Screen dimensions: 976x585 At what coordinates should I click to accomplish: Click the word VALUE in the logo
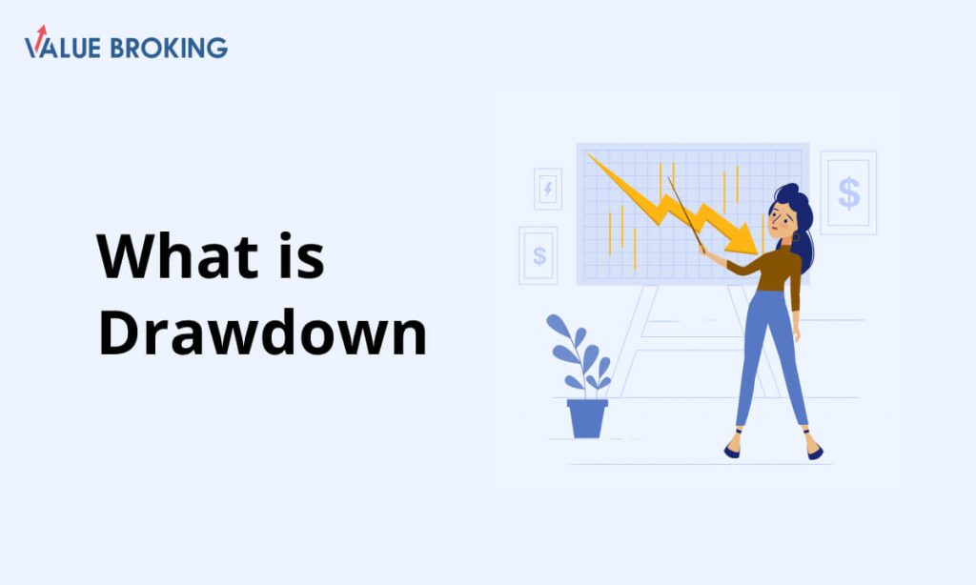[x=62, y=48]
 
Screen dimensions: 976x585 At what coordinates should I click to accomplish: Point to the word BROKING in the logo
[x=169, y=48]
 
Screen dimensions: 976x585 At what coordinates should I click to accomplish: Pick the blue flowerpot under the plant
[x=587, y=418]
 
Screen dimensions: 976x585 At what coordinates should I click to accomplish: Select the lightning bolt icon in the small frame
[x=548, y=189]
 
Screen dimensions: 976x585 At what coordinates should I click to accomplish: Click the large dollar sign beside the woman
[x=849, y=192]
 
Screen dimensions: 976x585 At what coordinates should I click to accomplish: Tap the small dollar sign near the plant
[x=539, y=255]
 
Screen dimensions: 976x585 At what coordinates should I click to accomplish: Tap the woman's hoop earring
[x=796, y=238]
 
